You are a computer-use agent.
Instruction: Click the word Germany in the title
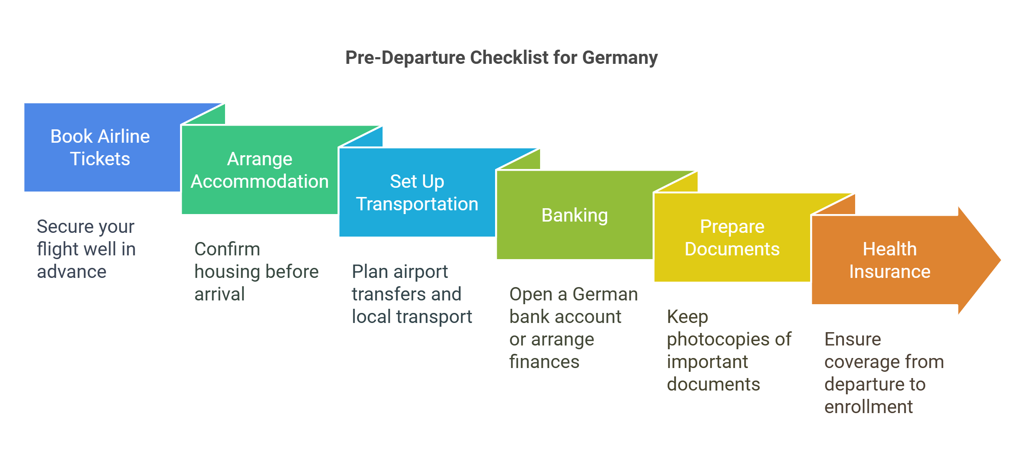pos(620,58)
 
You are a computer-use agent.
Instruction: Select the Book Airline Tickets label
pos(100,147)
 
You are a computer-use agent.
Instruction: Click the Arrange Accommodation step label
pos(260,170)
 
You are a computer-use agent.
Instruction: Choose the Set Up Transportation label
pos(417,192)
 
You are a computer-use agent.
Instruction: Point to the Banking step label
pos(574,215)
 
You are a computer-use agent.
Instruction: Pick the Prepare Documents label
pos(732,238)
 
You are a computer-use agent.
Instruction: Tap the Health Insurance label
pos(889,260)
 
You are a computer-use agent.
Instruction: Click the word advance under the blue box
pos(72,272)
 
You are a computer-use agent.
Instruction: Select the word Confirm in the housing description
pos(227,249)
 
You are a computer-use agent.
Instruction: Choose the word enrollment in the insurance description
pos(868,407)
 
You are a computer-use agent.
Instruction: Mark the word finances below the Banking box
pos(544,362)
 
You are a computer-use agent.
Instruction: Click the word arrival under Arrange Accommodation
pos(220,294)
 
